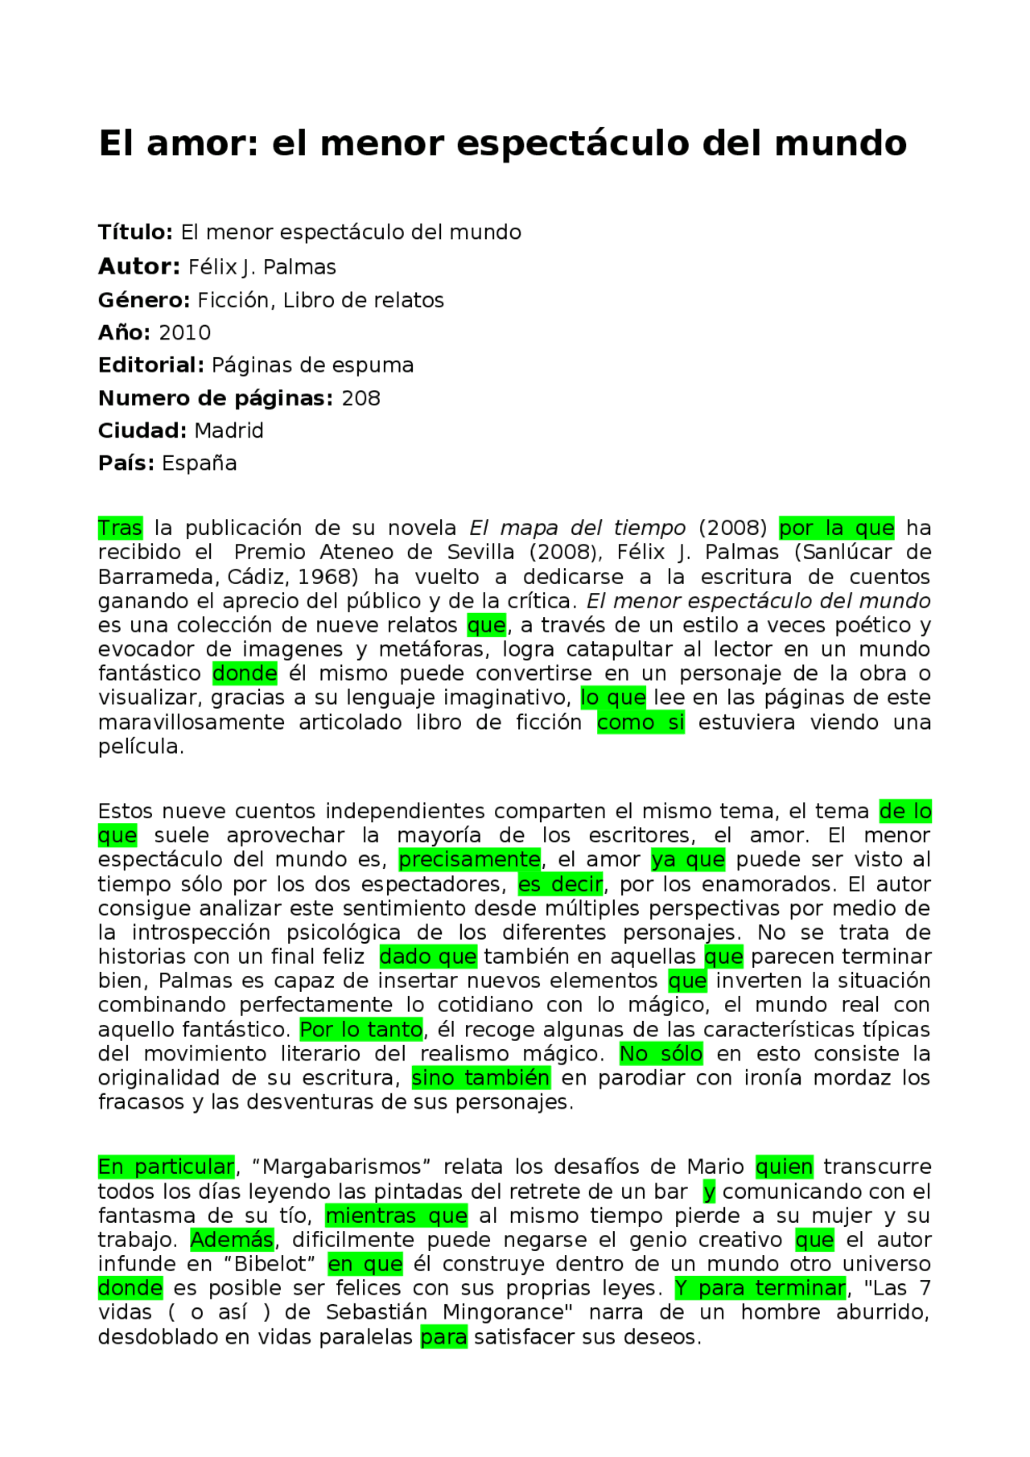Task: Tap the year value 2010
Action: pyautogui.click(x=184, y=333)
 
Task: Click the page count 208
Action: pyautogui.click(x=360, y=398)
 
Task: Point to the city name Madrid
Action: pyautogui.click(x=229, y=431)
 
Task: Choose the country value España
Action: pyautogui.click(x=199, y=464)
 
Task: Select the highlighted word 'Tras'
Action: pyautogui.click(x=120, y=529)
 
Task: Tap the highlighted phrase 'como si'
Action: pyautogui.click(x=641, y=722)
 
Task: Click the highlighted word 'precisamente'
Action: pyautogui.click(x=470, y=860)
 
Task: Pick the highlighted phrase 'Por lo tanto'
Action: pyautogui.click(x=361, y=1030)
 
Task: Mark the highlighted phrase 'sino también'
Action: pyautogui.click(x=480, y=1078)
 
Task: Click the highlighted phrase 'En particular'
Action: pyautogui.click(x=166, y=1167)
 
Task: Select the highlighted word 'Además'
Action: pyautogui.click(x=232, y=1240)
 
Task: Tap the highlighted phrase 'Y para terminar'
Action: pyautogui.click(x=760, y=1288)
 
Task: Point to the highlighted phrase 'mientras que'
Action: pyautogui.click(x=396, y=1216)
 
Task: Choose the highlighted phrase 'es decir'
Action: pyautogui.click(x=560, y=885)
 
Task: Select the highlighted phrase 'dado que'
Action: pyautogui.click(x=428, y=957)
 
